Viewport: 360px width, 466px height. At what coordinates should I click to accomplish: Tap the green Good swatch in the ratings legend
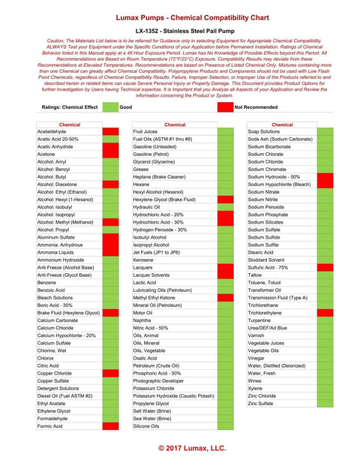(110, 107)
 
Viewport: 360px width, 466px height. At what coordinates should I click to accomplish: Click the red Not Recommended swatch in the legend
(224, 107)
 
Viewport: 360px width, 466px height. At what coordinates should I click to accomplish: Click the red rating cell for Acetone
(110, 154)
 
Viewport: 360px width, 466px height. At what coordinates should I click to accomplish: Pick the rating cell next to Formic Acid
(110, 425)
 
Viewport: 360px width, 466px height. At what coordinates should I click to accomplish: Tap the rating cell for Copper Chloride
(110, 372)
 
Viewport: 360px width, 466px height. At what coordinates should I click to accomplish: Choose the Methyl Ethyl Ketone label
(157, 297)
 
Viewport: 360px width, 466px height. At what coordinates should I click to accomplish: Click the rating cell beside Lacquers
(225, 267)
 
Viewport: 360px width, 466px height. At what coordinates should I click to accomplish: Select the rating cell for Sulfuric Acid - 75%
(325, 267)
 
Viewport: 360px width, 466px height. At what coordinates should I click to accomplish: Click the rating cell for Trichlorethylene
(325, 312)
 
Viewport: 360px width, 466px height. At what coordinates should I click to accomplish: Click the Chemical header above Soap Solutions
(282, 125)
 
